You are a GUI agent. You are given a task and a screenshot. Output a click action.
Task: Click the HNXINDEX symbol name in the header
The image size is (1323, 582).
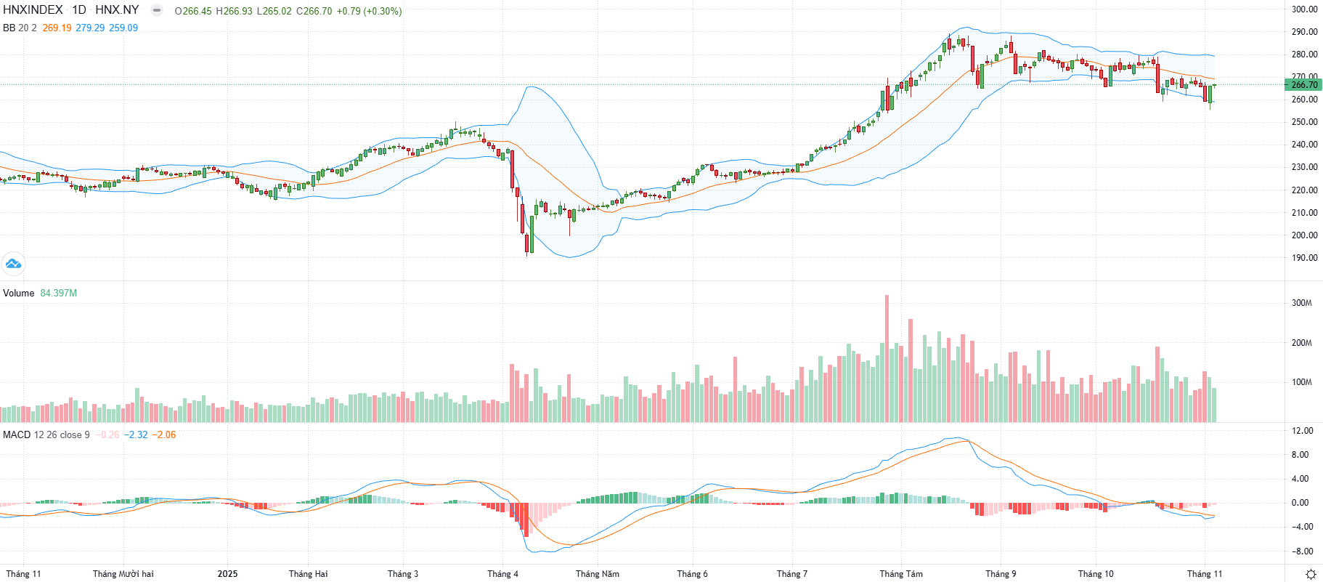coord(33,10)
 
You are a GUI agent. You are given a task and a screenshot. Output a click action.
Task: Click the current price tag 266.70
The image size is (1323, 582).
coord(1304,85)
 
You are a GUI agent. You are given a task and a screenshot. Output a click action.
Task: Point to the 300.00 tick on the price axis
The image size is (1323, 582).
coord(1304,9)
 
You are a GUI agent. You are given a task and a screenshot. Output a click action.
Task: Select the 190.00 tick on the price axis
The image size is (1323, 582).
coord(1304,258)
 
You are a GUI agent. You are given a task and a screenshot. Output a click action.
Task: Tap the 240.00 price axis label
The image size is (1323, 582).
coord(1304,145)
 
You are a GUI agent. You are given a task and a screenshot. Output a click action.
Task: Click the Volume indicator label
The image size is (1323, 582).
coord(19,293)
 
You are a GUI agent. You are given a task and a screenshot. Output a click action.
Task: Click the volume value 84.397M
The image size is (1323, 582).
coord(58,293)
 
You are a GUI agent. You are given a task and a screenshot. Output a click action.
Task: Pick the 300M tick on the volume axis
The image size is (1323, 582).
coord(1301,303)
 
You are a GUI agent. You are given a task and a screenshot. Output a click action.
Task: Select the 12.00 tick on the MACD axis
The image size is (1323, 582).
coord(1303,431)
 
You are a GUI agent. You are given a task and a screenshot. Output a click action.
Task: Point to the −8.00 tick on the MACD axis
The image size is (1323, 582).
coord(1301,551)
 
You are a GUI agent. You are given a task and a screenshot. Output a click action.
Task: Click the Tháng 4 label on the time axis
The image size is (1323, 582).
coord(502,574)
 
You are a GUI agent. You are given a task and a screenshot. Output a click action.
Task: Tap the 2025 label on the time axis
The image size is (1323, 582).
coord(227,574)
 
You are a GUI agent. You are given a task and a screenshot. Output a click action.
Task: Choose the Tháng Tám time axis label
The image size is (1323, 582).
coord(901,574)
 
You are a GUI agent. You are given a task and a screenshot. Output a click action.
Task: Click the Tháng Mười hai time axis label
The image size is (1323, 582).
coord(123,574)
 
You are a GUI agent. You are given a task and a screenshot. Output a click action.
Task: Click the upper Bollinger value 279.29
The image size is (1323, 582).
coord(90,28)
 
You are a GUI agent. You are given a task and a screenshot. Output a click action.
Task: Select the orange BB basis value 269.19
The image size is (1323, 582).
coord(57,28)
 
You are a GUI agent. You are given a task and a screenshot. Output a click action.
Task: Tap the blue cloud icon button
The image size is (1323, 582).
coord(13,263)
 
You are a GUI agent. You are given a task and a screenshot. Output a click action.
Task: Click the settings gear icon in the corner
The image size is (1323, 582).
coord(1311,574)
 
